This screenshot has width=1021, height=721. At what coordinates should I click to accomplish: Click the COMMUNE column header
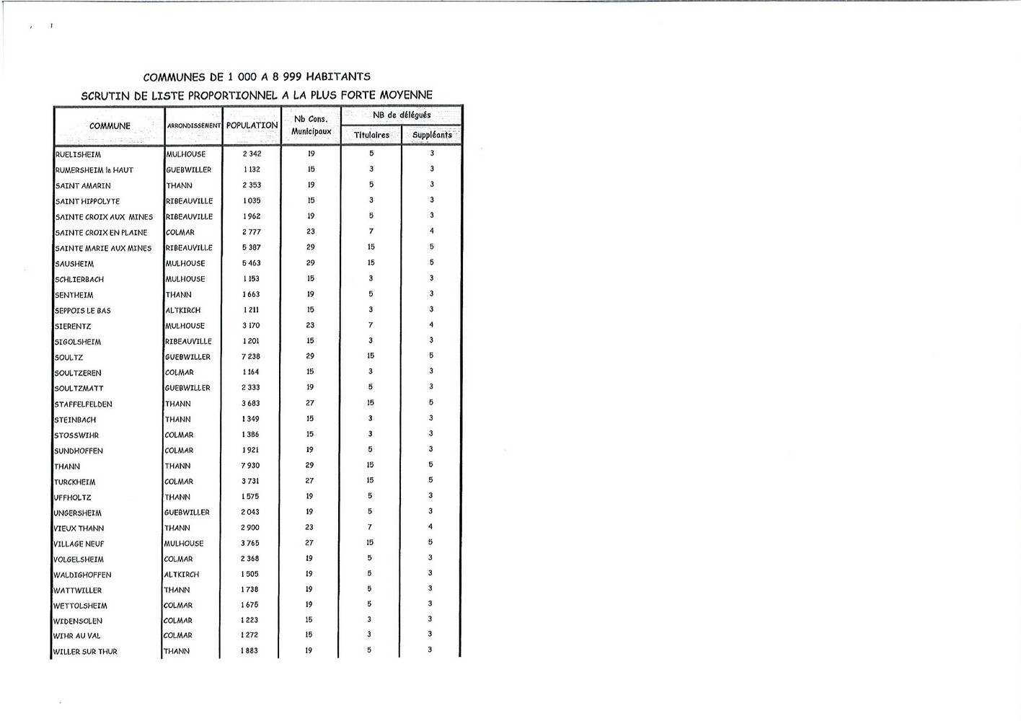point(110,126)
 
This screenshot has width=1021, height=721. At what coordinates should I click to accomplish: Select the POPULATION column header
point(252,125)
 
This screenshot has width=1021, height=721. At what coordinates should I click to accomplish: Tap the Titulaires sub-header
point(371,135)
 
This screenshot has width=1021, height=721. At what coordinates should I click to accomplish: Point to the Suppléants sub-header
point(432,135)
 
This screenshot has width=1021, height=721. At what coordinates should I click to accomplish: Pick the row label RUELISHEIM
point(78,154)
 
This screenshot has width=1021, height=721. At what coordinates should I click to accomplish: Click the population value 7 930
point(250,466)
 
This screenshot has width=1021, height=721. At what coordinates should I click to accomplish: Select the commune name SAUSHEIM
point(74,264)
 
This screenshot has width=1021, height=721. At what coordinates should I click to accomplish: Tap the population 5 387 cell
point(251,247)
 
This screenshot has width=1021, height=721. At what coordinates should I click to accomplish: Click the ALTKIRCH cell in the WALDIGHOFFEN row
point(182,575)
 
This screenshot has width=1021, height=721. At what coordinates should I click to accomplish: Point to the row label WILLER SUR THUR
point(85,652)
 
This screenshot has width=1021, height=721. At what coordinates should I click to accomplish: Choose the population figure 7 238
point(251,357)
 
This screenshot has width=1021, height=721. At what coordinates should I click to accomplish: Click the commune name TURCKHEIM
point(75,482)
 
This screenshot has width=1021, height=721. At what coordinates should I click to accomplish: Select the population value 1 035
point(252,200)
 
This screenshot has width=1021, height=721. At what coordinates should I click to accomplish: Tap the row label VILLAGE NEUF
point(79,544)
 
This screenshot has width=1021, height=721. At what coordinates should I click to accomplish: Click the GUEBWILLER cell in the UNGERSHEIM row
point(187,513)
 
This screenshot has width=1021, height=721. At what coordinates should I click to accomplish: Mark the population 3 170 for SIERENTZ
point(251,326)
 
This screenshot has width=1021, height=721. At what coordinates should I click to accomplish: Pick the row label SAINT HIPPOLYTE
point(87,201)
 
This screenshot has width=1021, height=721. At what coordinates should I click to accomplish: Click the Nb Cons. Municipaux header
point(311,125)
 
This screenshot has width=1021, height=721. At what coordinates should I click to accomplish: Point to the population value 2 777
point(252,232)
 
